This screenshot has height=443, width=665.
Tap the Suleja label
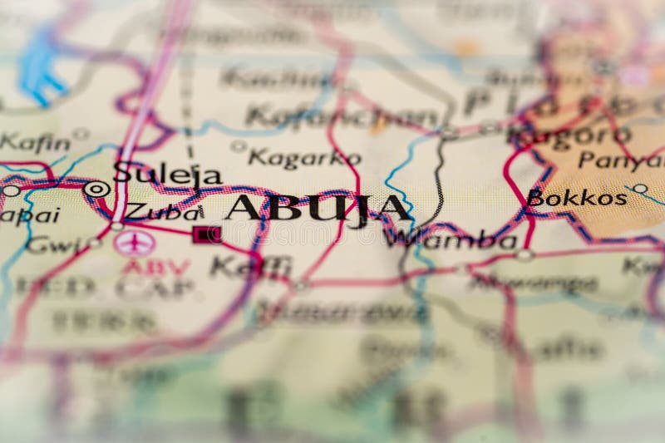coord(167,174)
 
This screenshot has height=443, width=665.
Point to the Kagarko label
coord(304,157)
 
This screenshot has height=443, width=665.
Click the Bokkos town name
coord(577,198)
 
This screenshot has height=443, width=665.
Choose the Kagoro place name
coord(569,135)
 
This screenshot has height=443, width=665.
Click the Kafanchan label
coord(342,116)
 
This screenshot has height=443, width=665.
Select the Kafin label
coord(34,142)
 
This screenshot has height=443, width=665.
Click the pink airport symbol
coord(134,243)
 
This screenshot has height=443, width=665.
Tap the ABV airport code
coord(155,267)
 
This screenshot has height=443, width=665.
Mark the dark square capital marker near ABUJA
coord(206,234)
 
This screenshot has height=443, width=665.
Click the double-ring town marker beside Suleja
coord(96,189)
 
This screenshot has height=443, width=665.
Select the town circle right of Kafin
coord(81,133)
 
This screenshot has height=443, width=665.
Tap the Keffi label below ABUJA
coord(250,266)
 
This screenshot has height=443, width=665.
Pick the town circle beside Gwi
coord(94,243)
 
